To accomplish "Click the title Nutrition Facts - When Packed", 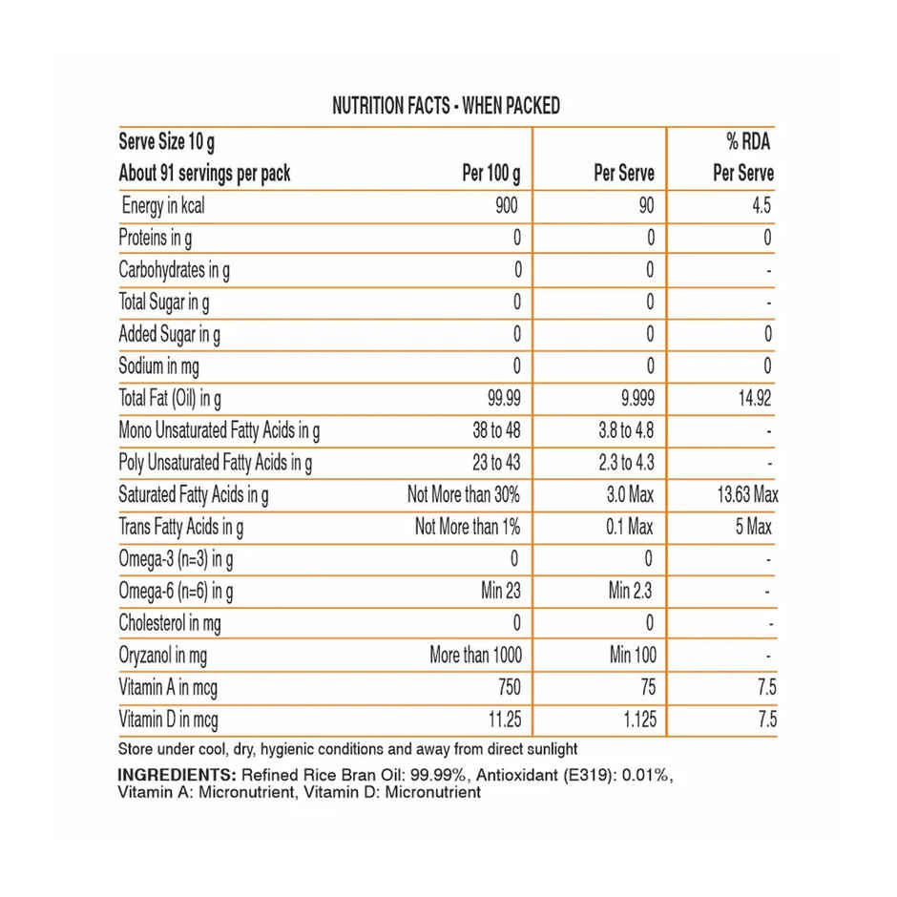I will click(446, 106).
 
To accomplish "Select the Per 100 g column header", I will click(491, 174).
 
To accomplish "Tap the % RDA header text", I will click(747, 142).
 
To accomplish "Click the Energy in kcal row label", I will click(163, 205).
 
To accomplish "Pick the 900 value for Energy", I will click(507, 205).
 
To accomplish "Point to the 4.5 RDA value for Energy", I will click(761, 205).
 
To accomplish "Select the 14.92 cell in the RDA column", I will click(754, 398).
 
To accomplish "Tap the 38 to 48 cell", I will click(496, 430).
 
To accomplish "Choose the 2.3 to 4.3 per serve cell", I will click(625, 463).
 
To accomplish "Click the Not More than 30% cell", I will click(464, 495).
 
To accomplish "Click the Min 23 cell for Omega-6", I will click(501, 591).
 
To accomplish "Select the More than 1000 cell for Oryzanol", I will click(475, 656).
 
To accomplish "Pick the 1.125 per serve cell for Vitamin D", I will click(634, 720).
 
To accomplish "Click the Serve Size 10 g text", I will click(166, 142).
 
